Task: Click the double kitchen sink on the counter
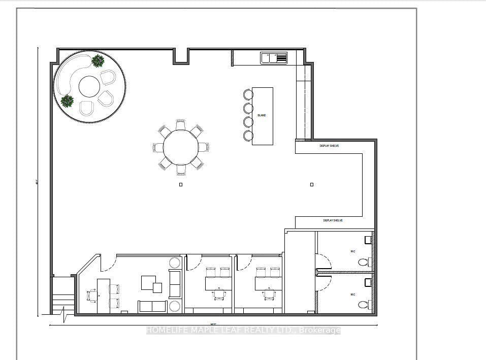274,58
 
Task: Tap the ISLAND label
262,116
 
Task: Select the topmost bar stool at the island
248,94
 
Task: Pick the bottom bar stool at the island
248,136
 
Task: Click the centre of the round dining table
181,147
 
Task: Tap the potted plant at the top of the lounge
98,61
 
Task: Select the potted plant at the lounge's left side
67,101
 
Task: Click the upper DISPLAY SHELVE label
329,146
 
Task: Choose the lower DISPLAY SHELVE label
333,220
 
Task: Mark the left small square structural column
181,185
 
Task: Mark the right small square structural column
312,185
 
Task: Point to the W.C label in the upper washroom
352,251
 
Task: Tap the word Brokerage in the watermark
320,331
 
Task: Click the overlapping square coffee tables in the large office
151,284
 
